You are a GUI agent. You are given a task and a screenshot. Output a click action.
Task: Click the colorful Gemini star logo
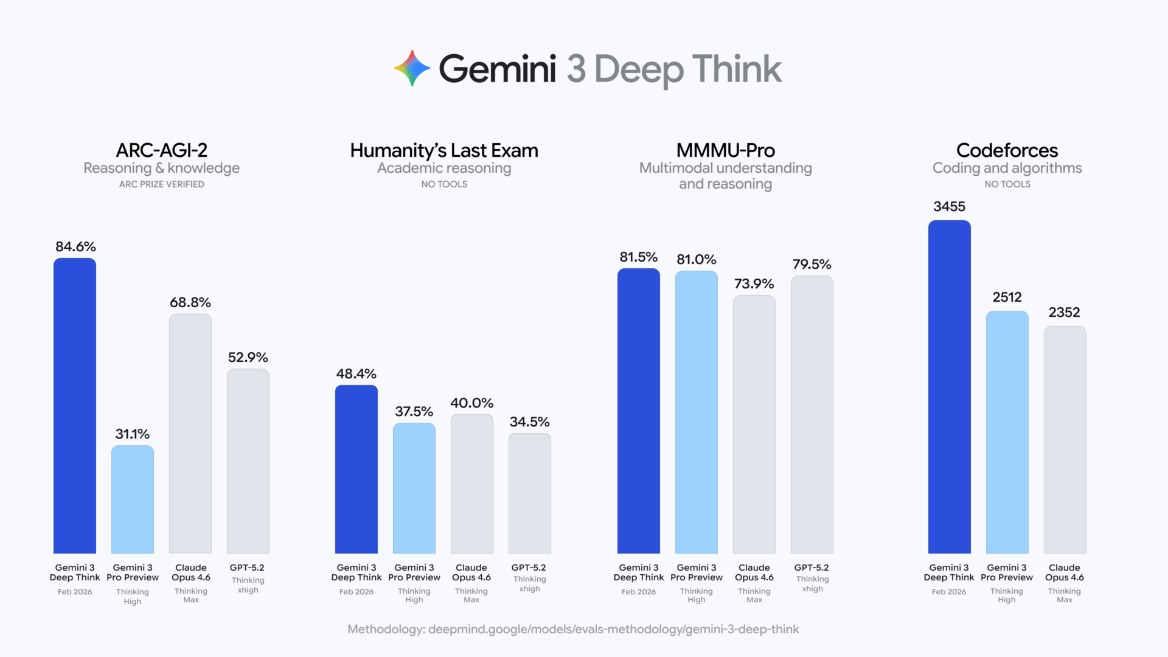(412, 68)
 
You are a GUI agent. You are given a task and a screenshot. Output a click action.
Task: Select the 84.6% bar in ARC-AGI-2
(75, 406)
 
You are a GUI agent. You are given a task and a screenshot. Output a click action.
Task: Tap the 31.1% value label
(132, 434)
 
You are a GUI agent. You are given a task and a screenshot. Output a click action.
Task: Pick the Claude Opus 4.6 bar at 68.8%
(190, 433)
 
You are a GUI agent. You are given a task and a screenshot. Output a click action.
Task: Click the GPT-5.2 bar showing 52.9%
(248, 461)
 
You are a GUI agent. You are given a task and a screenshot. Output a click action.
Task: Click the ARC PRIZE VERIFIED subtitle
(161, 184)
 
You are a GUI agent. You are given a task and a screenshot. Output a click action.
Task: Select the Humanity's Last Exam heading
(444, 150)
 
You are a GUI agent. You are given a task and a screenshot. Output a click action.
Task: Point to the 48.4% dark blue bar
(356, 469)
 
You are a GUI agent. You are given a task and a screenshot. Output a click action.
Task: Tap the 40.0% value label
(471, 403)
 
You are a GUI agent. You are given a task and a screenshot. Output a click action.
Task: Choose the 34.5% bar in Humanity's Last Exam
(530, 493)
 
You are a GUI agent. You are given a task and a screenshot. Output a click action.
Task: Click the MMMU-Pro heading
(725, 150)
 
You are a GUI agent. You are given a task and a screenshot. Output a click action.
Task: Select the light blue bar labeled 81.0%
(697, 412)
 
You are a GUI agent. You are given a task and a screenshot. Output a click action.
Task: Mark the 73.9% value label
(754, 283)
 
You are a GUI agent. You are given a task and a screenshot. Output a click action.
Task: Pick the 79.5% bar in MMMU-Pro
(812, 414)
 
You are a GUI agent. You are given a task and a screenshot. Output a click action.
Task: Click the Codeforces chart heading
(1007, 150)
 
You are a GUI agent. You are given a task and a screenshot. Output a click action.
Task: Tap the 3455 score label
(949, 206)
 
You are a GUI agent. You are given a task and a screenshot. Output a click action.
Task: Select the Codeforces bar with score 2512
(1007, 432)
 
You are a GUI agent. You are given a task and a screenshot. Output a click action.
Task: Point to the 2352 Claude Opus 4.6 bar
(1065, 439)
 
